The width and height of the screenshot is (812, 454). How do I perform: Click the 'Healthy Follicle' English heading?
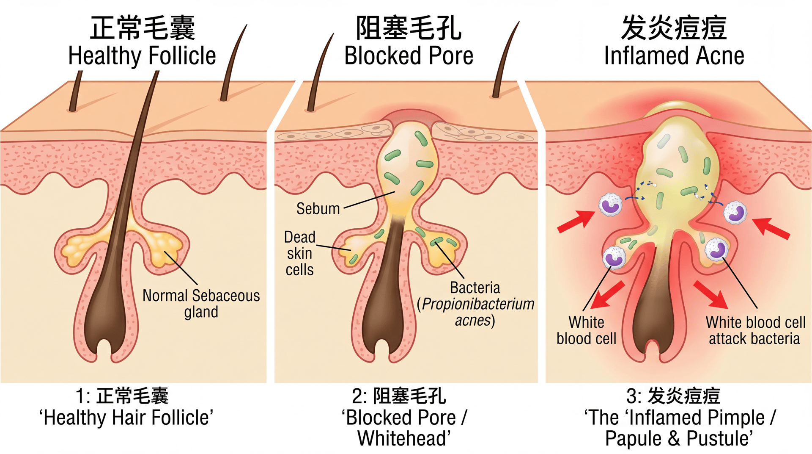pos(142,56)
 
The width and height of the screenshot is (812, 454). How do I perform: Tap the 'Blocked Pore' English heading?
pos(409,56)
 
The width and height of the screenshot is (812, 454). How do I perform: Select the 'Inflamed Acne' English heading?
pos(674,56)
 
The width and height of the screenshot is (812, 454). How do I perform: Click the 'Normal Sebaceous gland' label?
pos(201,303)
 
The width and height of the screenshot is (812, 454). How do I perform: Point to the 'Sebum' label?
pos(318,209)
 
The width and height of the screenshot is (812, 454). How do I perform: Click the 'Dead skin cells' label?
pos(299,253)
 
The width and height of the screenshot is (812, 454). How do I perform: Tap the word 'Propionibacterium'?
pos(478,304)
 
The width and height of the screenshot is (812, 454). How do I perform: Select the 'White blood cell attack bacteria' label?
pos(755,330)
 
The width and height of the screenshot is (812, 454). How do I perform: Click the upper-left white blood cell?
pos(610,205)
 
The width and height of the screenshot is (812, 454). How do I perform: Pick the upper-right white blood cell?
pos(735,212)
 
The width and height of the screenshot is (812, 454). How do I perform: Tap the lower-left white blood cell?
pos(614,257)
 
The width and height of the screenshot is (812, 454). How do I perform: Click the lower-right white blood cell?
pos(716,249)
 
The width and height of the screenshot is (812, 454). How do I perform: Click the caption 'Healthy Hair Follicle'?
pos(126,418)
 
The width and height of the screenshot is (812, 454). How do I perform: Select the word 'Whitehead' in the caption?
pos(403,438)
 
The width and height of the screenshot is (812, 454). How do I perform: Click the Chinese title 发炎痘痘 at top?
pos(674,28)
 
